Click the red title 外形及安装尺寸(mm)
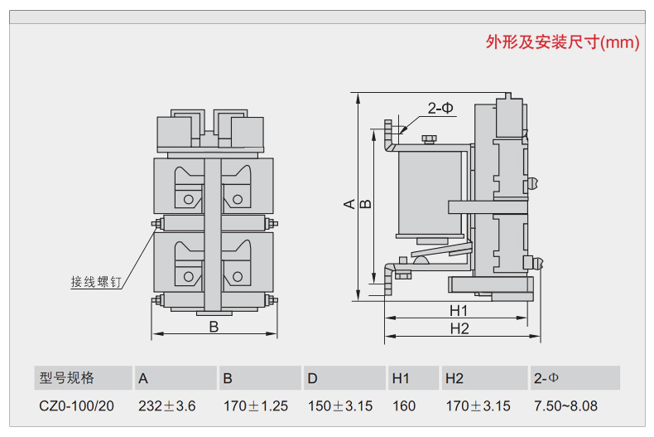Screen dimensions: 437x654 coord(562,43)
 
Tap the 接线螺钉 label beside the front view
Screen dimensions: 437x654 coord(95,282)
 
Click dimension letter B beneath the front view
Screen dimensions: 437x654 coord(214,327)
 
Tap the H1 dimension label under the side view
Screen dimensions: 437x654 coord(459,310)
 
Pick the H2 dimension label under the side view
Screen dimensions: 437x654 coord(459,328)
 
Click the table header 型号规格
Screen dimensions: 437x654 coord(67,378)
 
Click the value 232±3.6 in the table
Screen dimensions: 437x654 coord(167,406)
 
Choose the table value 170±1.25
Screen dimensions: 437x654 coord(256,406)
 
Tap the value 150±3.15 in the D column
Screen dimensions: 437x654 coord(340,406)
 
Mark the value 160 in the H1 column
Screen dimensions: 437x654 coord(404,406)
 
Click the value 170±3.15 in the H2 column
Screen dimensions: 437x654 coord(478,406)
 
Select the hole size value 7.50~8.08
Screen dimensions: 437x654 coord(566,406)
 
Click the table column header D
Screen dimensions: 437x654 coord(312,378)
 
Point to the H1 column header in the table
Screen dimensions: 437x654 coord(402,378)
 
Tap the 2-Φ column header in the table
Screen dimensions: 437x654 coord(547,378)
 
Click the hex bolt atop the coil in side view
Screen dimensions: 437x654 coord(428,139)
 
